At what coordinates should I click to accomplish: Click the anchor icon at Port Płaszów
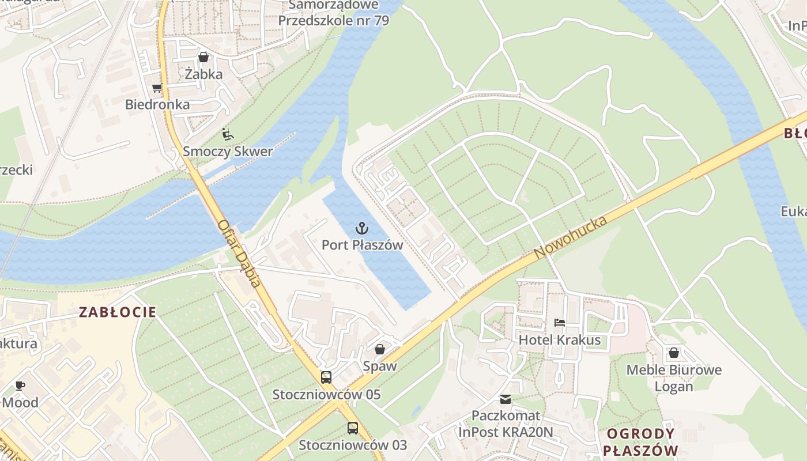click(362, 228)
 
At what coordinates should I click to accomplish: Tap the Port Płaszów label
click(362, 245)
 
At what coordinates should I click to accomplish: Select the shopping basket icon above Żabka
click(203, 57)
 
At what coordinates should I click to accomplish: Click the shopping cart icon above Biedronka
click(157, 88)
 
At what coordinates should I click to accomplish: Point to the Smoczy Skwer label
click(228, 152)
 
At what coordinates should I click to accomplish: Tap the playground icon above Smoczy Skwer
click(228, 134)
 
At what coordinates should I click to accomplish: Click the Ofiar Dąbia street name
click(239, 254)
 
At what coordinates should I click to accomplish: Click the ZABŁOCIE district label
click(118, 312)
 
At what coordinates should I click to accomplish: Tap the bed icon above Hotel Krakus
click(559, 323)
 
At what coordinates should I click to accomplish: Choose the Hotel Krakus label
click(559, 340)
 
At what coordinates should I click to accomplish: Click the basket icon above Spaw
click(379, 349)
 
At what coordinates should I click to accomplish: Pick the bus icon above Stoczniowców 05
click(326, 377)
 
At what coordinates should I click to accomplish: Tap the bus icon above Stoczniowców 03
click(352, 428)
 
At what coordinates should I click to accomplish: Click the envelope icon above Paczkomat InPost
click(506, 399)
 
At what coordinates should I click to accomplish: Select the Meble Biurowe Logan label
click(674, 378)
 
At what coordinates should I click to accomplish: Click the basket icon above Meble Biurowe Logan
click(674, 352)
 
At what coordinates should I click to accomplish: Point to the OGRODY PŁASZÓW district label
click(640, 442)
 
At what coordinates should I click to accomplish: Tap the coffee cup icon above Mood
click(20, 386)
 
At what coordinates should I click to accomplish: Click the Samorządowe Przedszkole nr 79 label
click(333, 13)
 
